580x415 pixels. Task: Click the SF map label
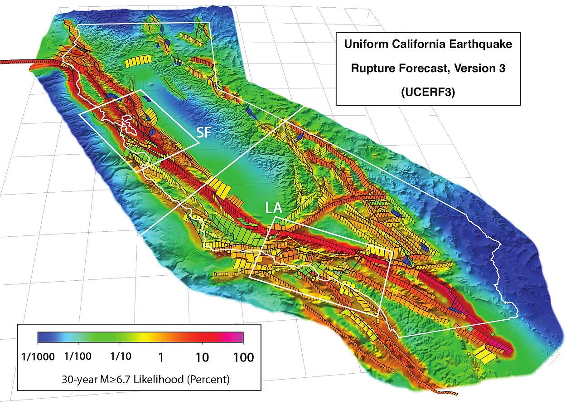[205, 132]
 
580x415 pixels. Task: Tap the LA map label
[274, 209]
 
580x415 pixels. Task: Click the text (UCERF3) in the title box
[428, 92]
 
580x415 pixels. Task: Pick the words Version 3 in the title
[476, 68]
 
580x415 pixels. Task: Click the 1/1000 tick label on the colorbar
[38, 356]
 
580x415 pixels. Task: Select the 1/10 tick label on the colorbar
[121, 356]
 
